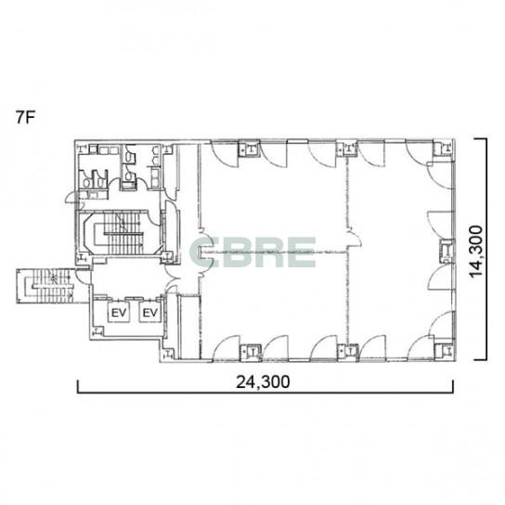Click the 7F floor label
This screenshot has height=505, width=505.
pyautogui.click(x=25, y=118)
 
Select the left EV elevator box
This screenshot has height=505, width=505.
pyautogui.click(x=119, y=312)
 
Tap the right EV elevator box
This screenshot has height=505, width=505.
pyautogui.click(x=150, y=312)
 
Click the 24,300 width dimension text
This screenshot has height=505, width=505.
pyautogui.click(x=263, y=382)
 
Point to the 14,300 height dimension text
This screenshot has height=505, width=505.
pyautogui.click(x=476, y=252)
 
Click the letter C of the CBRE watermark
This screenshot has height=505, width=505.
pyautogui.click(x=201, y=252)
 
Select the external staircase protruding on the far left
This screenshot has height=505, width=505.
pyautogui.click(x=45, y=286)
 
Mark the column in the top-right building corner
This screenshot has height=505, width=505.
pyautogui.click(x=444, y=148)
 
